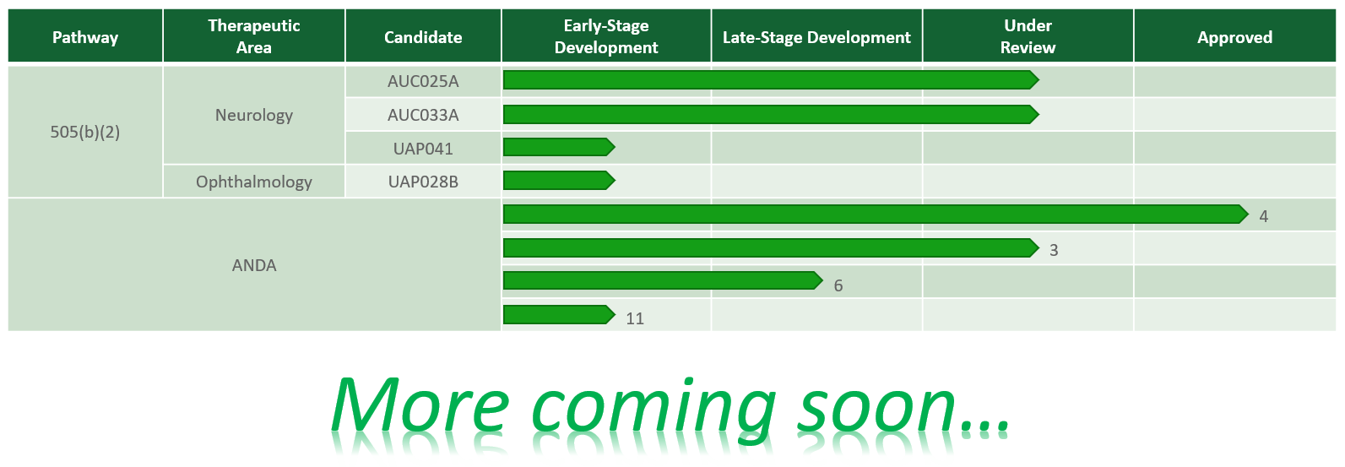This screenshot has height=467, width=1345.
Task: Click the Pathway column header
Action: click(85, 37)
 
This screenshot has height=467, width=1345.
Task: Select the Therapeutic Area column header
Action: click(254, 36)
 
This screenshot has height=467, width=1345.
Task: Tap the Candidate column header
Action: click(423, 37)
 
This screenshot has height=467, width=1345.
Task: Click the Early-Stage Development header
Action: click(606, 36)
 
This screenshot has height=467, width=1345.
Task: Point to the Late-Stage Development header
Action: click(816, 37)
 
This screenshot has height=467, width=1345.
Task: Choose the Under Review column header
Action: click(1028, 36)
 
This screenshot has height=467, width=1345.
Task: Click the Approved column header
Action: click(1234, 37)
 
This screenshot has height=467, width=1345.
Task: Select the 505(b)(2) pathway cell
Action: click(85, 132)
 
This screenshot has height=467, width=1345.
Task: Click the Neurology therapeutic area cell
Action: click(254, 115)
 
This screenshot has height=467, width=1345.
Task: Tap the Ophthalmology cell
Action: click(254, 182)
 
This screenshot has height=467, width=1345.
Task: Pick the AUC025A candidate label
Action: click(423, 81)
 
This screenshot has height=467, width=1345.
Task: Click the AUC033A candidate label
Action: click(423, 115)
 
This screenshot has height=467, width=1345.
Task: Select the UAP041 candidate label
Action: click(423, 149)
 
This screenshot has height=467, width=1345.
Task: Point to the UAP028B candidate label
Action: click(423, 182)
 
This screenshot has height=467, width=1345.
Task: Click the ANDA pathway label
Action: click(254, 265)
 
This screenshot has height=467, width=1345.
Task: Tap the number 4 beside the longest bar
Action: click(1263, 216)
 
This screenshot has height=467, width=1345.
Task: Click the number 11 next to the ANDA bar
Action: click(635, 318)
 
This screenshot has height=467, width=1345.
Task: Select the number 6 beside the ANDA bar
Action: click(838, 285)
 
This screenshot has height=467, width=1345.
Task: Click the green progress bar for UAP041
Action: click(559, 147)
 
